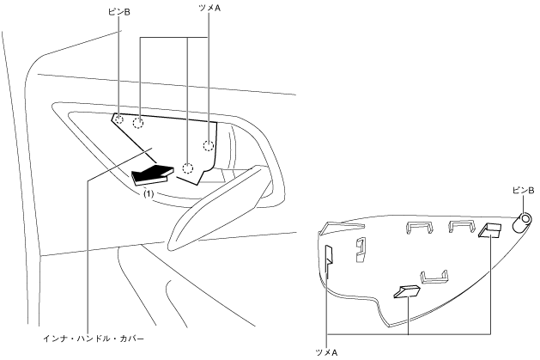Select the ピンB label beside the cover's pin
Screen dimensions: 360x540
[523, 188]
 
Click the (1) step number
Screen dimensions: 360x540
[148, 194]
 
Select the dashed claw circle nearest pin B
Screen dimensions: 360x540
[138, 122]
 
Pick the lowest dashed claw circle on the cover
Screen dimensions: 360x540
[189, 168]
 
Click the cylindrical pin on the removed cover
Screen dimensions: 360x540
[522, 223]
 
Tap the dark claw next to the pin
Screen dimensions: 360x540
[490, 230]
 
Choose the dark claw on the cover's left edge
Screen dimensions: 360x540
[330, 257]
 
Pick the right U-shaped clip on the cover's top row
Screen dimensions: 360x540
[461, 226]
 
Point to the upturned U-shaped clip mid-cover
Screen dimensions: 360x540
[434, 276]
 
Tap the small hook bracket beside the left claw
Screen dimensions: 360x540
[361, 249]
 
